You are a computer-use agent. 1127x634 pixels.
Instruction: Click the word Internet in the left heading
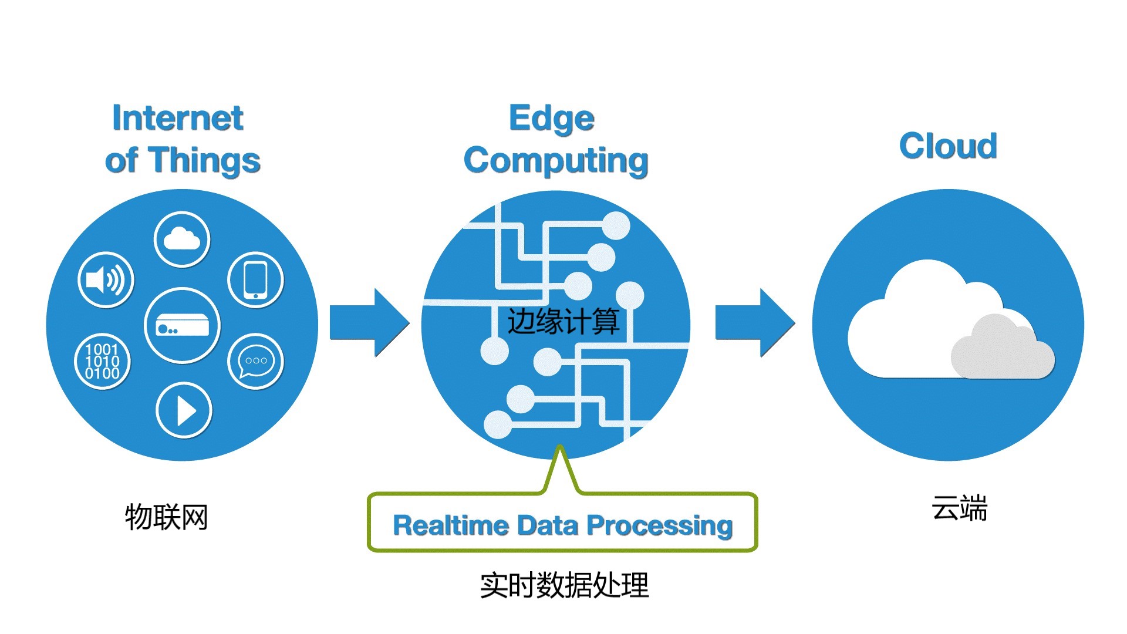tap(178, 118)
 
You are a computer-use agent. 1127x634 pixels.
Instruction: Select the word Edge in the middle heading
tap(552, 119)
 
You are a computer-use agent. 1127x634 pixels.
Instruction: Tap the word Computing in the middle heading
tap(556, 161)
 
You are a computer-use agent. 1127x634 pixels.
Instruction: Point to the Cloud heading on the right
tap(948, 146)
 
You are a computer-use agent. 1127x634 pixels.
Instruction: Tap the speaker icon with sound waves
tap(106, 280)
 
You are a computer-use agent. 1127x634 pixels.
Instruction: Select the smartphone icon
tap(255, 280)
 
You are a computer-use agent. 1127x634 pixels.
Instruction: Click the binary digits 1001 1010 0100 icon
tap(102, 361)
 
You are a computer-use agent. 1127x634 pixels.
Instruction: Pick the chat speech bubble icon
tap(255, 361)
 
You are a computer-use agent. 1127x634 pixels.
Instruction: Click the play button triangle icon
tap(184, 410)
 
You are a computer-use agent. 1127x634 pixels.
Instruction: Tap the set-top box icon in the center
tap(182, 326)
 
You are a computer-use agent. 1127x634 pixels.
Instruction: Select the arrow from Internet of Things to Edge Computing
tap(369, 322)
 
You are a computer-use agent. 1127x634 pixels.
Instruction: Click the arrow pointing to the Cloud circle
tap(755, 322)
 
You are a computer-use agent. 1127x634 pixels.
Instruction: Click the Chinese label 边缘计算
tap(563, 322)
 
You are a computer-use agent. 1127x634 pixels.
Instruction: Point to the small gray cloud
tap(1003, 348)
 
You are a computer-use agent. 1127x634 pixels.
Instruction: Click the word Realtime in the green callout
tap(450, 525)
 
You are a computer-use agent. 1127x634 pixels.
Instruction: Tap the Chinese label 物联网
tap(167, 517)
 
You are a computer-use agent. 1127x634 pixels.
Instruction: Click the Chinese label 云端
tap(960, 508)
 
